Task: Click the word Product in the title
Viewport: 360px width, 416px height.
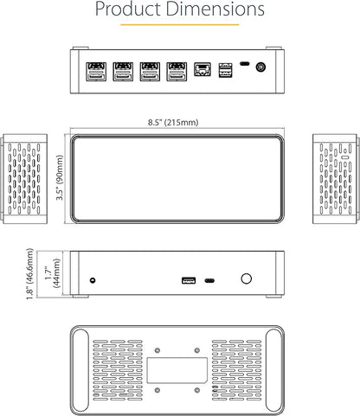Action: coord(129,9)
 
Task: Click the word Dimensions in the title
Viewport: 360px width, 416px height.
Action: coord(215,9)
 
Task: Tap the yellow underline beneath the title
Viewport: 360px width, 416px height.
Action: coord(180,25)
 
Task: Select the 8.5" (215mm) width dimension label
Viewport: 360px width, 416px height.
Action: coord(173,122)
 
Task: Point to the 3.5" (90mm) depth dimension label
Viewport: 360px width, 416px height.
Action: coord(60,177)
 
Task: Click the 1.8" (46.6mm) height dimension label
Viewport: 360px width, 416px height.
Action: coord(30,274)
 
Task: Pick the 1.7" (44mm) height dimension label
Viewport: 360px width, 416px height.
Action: coord(53,273)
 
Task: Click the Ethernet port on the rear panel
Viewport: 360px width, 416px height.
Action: coord(202,69)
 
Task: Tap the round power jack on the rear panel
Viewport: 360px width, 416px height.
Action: coord(260,67)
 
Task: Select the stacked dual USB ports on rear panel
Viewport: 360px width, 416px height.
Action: coord(225,70)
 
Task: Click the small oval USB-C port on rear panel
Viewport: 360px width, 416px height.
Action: coord(245,64)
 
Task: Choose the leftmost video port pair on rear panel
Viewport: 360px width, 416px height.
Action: coord(96,72)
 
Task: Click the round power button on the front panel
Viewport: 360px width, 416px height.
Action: coord(246,278)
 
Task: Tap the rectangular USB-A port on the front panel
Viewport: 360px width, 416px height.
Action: coord(189,280)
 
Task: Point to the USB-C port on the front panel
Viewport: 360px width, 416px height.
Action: coord(209,280)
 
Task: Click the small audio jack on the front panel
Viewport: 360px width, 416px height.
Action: coord(93,280)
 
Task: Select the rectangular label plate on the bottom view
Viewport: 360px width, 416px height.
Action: coord(177,370)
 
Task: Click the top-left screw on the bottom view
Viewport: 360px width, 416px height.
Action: coord(157,350)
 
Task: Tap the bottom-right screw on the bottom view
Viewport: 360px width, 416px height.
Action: coord(197,390)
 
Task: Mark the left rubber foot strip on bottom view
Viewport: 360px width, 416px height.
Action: coord(80,370)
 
